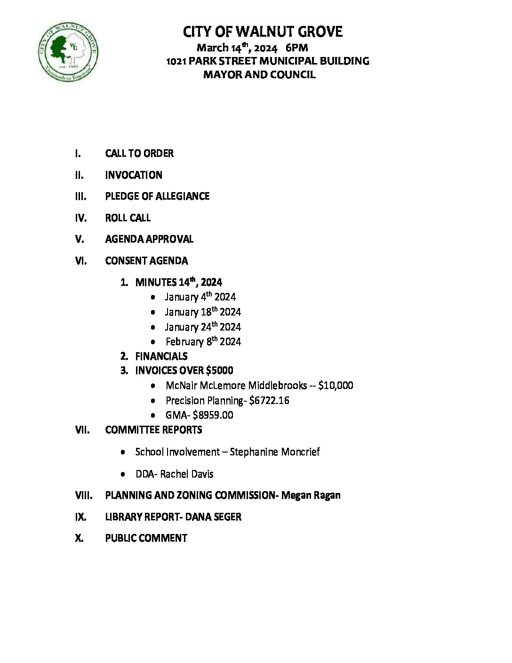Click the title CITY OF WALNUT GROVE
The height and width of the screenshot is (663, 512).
coord(263,32)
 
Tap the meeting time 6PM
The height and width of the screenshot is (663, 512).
coord(296,48)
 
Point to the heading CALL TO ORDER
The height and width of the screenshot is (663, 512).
coord(139,154)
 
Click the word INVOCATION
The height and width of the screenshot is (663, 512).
coord(134,175)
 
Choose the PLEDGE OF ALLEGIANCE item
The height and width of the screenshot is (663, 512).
coord(157,196)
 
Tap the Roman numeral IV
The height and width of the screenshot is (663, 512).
coord(81,218)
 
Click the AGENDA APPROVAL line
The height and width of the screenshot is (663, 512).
coord(149,239)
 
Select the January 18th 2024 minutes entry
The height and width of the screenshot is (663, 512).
coord(203,312)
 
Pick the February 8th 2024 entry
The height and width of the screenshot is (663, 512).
coord(203,342)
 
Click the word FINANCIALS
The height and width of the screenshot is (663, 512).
coord(161,356)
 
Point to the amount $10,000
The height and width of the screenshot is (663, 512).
coord(336,386)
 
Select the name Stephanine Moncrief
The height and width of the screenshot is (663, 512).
coord(275,452)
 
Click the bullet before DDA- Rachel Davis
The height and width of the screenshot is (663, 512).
coord(123,474)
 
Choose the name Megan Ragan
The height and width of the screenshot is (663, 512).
coord(311,495)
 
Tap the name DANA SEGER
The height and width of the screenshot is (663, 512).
coord(213,517)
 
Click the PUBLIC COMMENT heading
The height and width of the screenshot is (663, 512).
coord(146,538)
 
